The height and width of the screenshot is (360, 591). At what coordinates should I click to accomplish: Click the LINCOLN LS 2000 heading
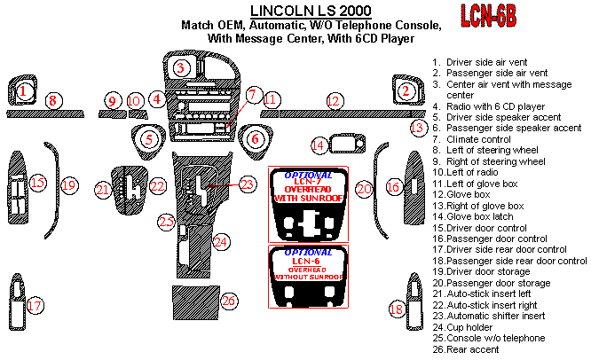point(311,11)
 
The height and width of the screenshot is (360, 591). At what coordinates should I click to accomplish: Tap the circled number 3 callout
point(181,67)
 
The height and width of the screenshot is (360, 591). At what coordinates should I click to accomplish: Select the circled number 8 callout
point(52,101)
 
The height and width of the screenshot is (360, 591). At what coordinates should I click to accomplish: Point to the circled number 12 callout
point(334,101)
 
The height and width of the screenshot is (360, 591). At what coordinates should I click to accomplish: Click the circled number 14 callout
point(318,145)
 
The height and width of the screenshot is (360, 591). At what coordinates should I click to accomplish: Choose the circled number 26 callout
point(230,301)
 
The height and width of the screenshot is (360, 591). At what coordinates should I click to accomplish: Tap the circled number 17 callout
point(35,306)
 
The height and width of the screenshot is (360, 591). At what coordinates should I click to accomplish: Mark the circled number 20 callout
point(363,188)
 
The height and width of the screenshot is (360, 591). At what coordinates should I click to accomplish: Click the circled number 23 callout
point(247,184)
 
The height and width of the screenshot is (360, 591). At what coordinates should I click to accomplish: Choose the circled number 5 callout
point(149,138)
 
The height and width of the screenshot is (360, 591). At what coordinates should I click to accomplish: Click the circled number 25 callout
point(167,221)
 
